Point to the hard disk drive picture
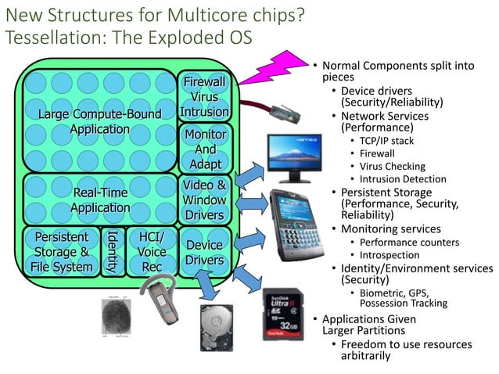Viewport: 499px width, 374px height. (223, 328)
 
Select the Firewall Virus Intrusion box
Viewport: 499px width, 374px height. (204, 97)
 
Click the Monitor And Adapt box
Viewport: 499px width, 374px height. (205, 149)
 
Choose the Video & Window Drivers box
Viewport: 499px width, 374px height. (205, 200)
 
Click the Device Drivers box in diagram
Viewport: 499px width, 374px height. (204, 252)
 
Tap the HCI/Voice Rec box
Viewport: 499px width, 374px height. (151, 251)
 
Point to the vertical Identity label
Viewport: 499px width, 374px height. (111, 252)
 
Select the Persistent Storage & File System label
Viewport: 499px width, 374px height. (62, 252)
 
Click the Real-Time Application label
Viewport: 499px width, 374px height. (100, 200)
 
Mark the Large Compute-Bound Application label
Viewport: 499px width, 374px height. (99, 122)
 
